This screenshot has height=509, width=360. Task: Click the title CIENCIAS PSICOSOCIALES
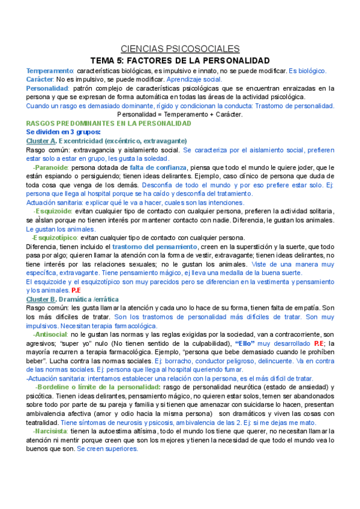(180, 49)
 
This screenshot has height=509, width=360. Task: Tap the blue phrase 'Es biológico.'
(308, 71)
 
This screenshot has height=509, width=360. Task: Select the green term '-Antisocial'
(52, 334)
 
